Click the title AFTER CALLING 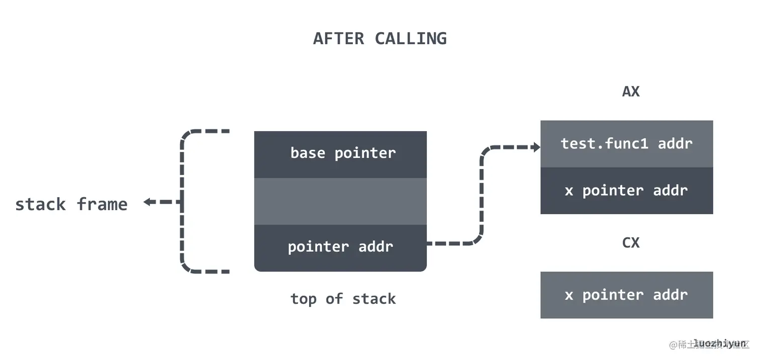[x=379, y=39]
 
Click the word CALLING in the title [x=411, y=39]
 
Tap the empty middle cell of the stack [x=340, y=201]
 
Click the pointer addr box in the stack [x=340, y=247]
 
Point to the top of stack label [x=343, y=299]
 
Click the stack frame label [x=71, y=205]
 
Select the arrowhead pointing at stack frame [x=147, y=202]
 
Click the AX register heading [x=631, y=92]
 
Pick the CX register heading [x=631, y=243]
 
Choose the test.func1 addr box [x=626, y=144]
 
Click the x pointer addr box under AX [x=626, y=191]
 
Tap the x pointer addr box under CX [x=626, y=295]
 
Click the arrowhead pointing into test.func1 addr [x=537, y=147]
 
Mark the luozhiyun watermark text [x=719, y=344]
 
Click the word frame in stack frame [x=102, y=205]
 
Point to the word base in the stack [x=308, y=153]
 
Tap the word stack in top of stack [x=373, y=299]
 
